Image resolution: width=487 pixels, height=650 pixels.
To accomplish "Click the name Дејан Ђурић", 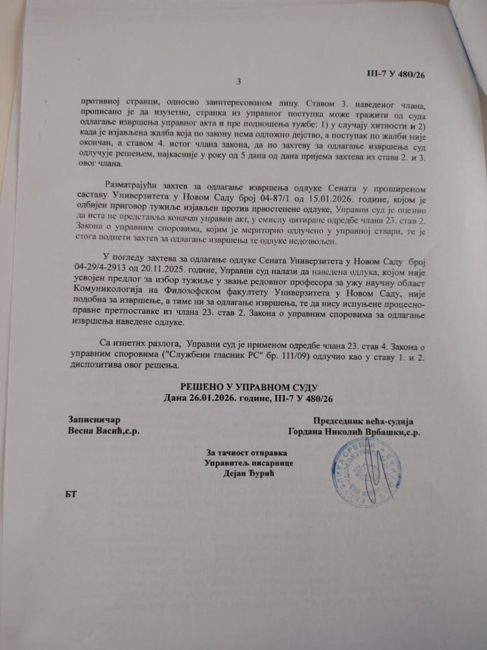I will [243, 476].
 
